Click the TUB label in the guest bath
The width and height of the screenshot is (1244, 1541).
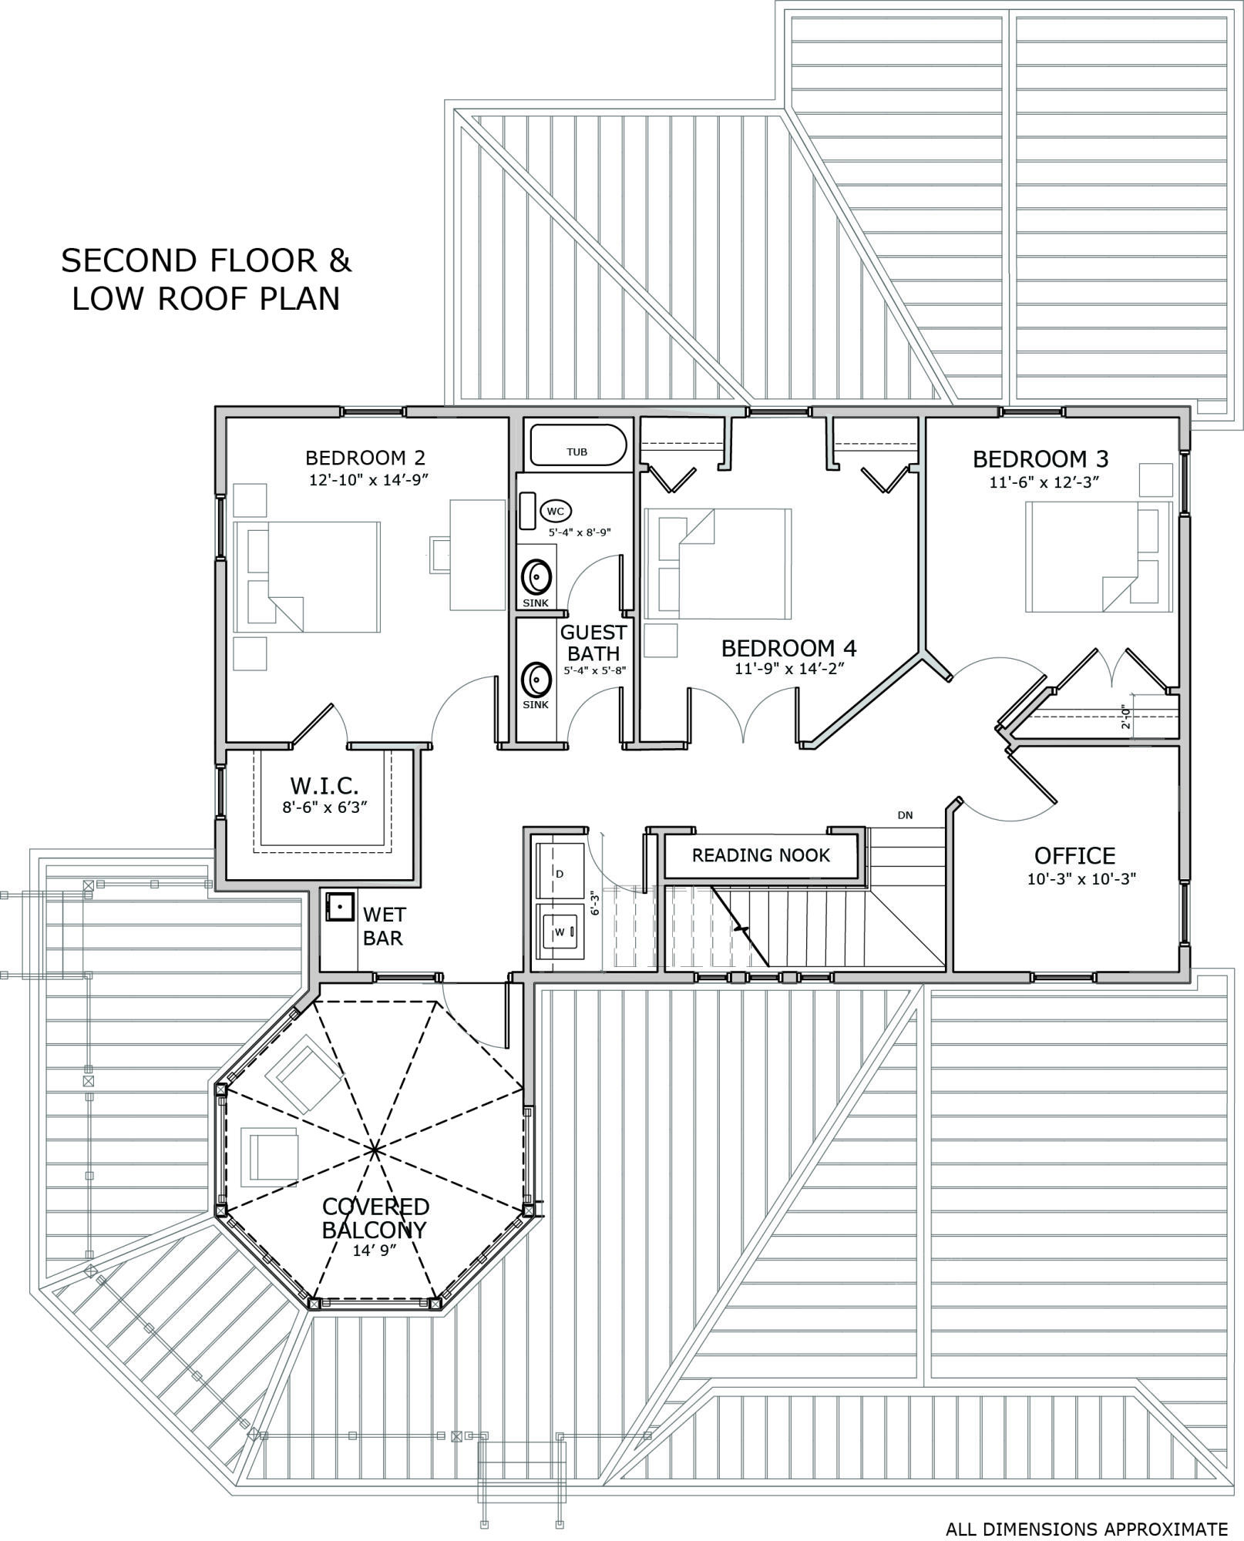577,452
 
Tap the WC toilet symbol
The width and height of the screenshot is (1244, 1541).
556,511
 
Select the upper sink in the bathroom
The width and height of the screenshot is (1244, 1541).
536,576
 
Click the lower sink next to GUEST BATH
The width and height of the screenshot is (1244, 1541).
536,679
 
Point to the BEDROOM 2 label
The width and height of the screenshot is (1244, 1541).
365,458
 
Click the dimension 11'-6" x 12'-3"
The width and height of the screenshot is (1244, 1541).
1044,483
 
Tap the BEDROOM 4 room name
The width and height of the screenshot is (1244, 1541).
788,648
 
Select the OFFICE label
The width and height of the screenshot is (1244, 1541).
1074,856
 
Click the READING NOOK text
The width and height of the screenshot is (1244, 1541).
761,855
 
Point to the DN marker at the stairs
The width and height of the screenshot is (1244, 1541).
905,815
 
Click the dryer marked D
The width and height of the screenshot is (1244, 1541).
560,873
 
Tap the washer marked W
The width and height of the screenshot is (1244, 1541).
560,932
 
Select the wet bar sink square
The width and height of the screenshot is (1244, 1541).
339,907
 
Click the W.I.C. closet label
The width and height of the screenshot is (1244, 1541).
324,787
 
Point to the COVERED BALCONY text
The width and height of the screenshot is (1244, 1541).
375,1218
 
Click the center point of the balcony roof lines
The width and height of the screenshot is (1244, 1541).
375,1150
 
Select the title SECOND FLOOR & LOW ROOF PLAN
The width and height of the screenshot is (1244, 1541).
206,279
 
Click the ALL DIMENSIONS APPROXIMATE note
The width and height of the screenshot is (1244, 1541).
1087,1529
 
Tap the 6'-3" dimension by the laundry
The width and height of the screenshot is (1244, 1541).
593,903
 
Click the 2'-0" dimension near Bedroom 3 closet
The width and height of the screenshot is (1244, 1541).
1126,716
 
